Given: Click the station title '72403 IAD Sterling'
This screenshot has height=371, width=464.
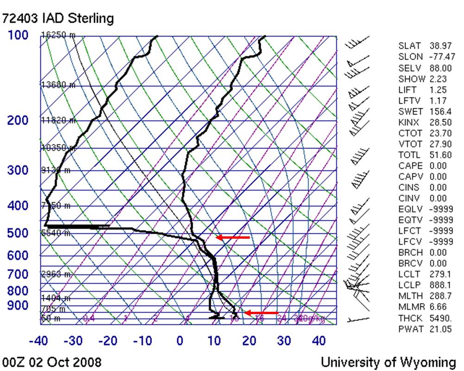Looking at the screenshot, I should pos(58,19).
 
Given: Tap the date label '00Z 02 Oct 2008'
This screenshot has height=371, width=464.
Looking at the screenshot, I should pos(51,361).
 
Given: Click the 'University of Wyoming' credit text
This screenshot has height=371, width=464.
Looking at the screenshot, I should pos(388,361).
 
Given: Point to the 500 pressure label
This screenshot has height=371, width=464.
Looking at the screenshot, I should pos(18,233).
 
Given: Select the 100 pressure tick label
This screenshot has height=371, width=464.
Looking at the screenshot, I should pos(18,35).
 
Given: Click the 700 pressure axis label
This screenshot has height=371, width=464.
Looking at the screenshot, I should pos(18,274).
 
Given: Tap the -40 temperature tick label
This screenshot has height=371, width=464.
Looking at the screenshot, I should pos(39,341).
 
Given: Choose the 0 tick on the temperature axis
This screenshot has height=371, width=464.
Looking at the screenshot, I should pos(180,341).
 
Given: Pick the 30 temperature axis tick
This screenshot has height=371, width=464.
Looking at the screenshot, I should pos(284,341).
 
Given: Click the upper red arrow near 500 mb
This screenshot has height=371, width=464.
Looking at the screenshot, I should pos(233,237).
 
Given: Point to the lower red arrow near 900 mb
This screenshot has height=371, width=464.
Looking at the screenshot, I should pos(261,313).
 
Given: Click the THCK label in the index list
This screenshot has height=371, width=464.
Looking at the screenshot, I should pos(410,318).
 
